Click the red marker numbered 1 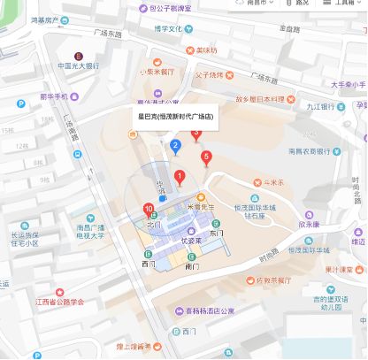[180, 176]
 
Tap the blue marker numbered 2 [175, 146]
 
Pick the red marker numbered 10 [147, 209]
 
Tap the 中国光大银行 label [84, 65]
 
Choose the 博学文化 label [166, 28]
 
